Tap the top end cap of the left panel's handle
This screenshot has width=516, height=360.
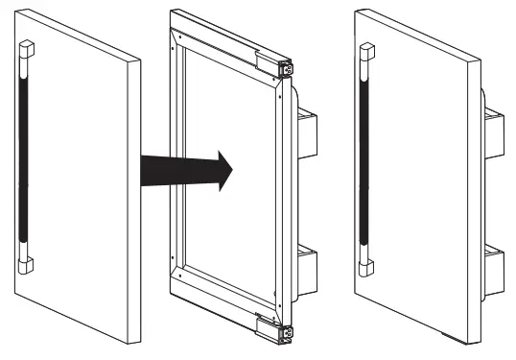[26, 48]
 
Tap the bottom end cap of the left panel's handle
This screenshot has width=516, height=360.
[26, 261]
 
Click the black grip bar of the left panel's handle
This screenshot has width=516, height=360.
[26, 154]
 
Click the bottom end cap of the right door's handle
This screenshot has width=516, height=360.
[365, 262]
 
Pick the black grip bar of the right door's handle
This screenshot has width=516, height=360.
[365, 154]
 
